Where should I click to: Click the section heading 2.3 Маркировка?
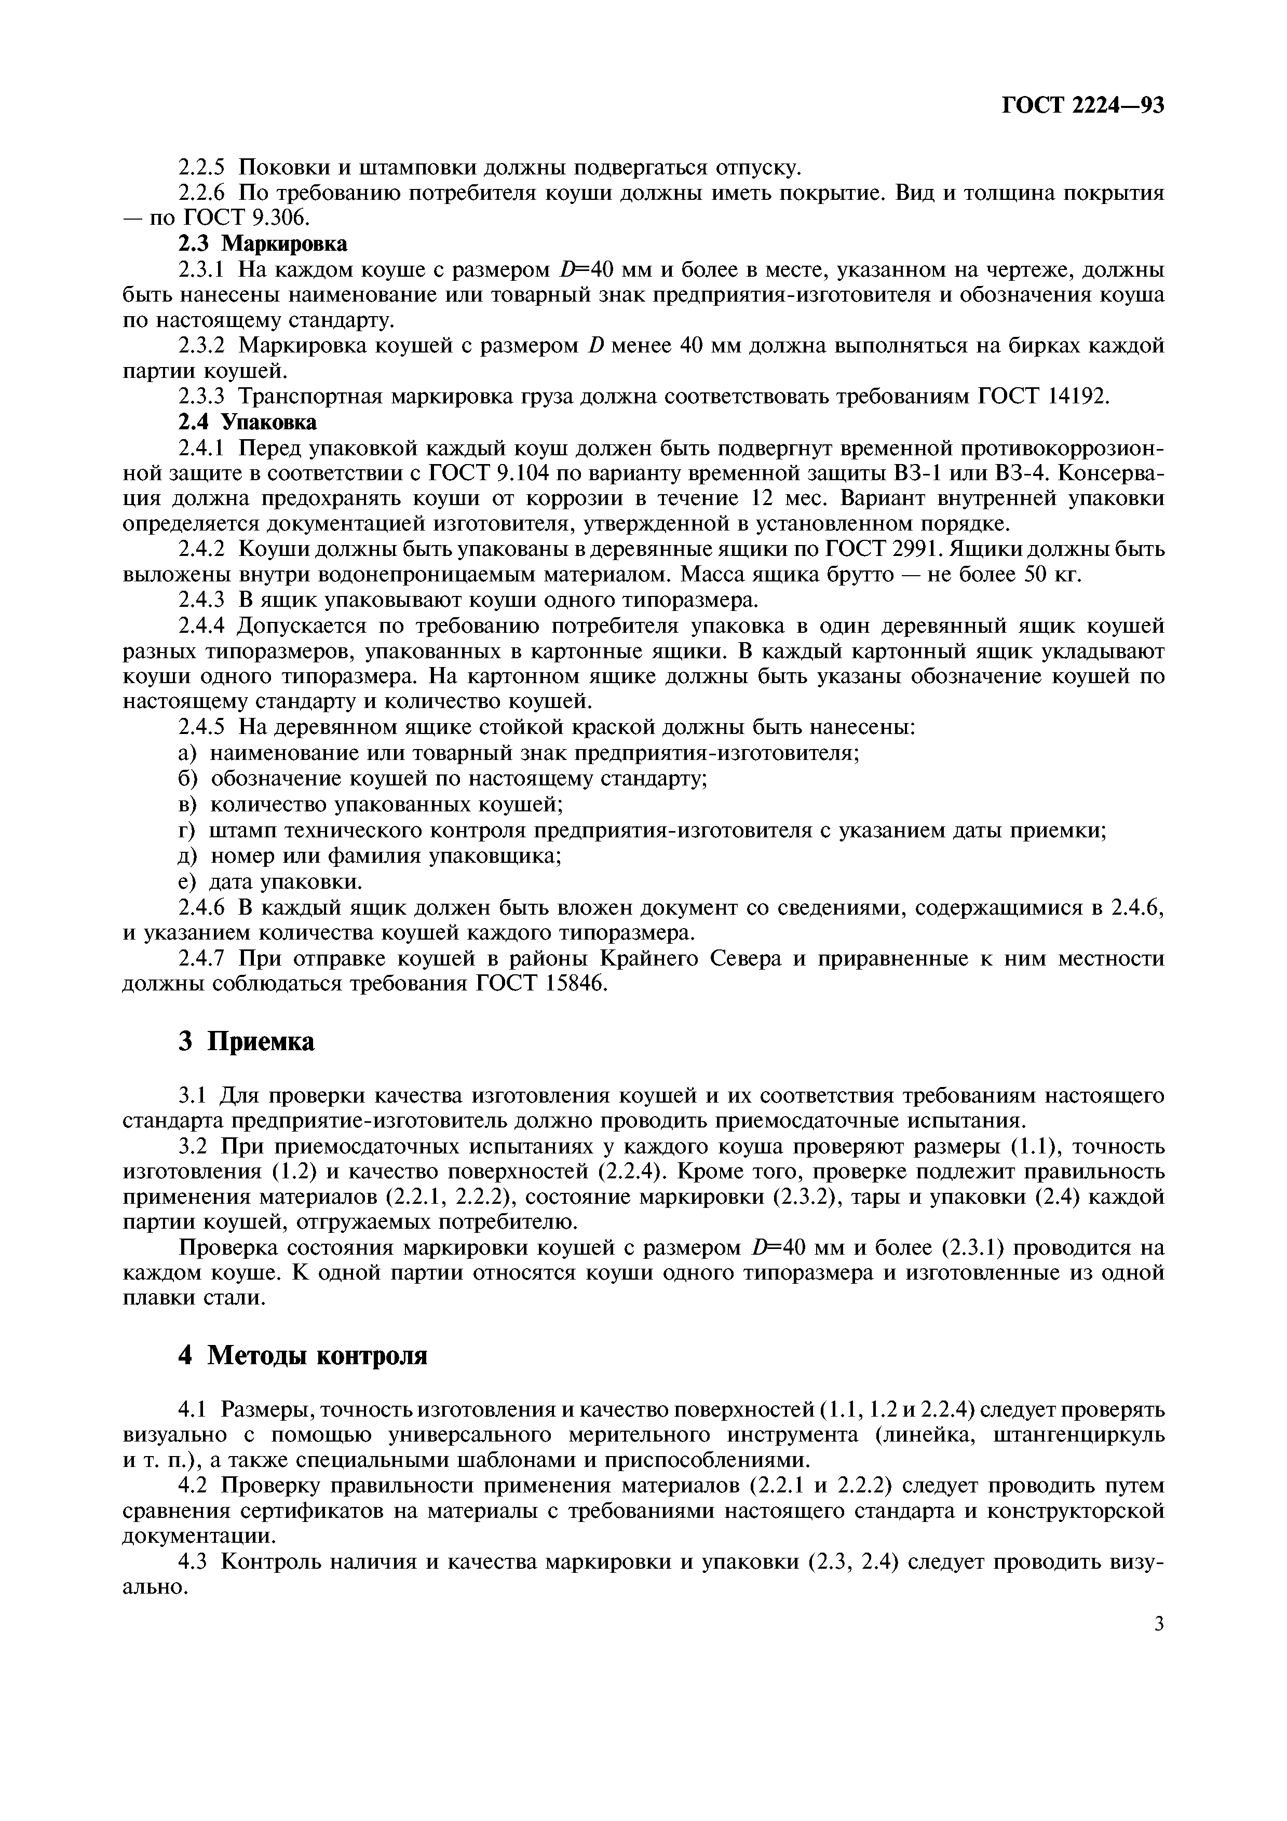point(262,243)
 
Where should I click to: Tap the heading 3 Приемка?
point(247,1041)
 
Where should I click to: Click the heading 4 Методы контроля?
point(302,1355)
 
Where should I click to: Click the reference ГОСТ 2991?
point(884,549)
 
